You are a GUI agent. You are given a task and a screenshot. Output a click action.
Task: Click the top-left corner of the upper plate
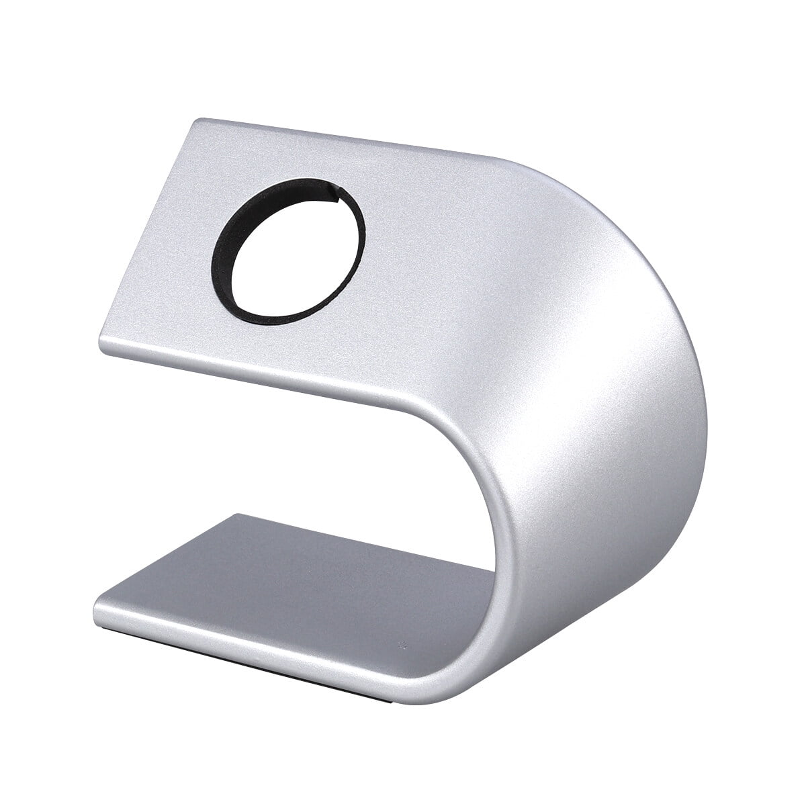click(x=195, y=122)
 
